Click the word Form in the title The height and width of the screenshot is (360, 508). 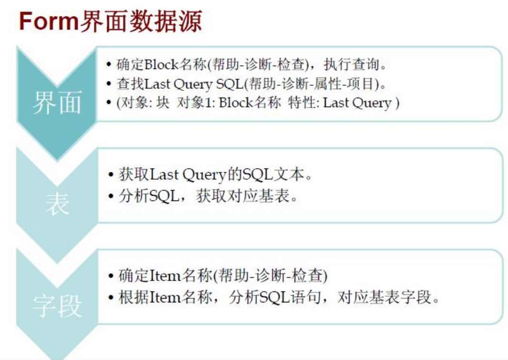pos(49,21)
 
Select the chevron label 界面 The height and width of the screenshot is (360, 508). pos(57,103)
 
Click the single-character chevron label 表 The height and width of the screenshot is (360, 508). pos(57,204)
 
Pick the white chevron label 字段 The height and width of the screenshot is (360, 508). pos(57,306)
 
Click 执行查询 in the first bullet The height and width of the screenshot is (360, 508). pos(351,64)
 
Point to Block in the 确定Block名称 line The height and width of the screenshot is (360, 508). pos(161,64)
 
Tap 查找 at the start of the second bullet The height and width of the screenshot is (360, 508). pos(130,84)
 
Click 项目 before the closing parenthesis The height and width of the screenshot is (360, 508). pos(359,84)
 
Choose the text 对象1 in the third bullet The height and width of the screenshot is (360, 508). pos(194,103)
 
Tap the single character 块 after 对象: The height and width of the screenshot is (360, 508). pos(163,103)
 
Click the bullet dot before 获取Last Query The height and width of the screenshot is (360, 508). pos(111,175)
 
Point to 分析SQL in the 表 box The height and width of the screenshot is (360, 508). pos(149,196)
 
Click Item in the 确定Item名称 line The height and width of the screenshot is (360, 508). pos(165,276)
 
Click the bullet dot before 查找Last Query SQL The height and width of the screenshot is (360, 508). pos(109,84)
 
